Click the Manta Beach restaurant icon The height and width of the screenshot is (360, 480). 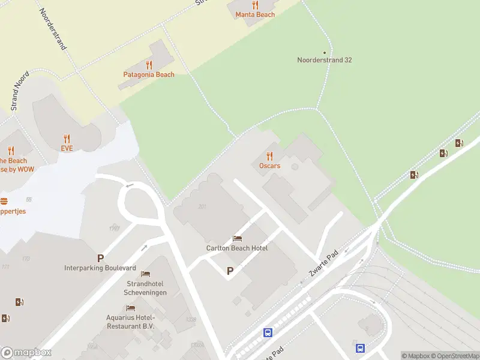coord(255,5)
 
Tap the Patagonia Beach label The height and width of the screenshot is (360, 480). coord(149,74)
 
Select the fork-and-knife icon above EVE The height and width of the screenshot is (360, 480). coord(67,138)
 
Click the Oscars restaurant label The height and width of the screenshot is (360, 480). coord(269,166)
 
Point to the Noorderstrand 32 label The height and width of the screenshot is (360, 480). coord(325,60)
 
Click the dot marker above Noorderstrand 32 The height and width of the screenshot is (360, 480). coord(325,52)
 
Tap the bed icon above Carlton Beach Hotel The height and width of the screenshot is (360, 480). coord(237,238)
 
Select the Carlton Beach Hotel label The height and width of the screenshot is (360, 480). coord(237,248)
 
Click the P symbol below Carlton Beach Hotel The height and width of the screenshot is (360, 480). coord(230,271)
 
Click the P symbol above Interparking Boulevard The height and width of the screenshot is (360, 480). coord(101,258)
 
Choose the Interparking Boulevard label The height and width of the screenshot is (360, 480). coord(100,268)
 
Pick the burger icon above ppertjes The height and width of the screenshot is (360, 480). coord(4,202)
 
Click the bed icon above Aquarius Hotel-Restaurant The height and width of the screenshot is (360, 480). coord(130,308)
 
